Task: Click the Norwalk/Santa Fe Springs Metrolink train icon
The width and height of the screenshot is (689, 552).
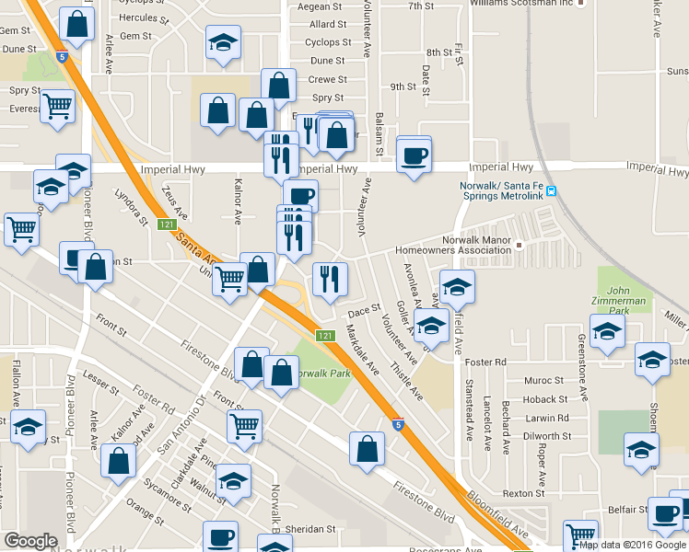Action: tap(552, 191)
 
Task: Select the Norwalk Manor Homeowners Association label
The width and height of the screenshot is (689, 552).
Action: tap(451, 245)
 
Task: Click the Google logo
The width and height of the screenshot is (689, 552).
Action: tap(30, 540)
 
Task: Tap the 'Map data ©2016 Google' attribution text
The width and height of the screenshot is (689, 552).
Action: tap(632, 545)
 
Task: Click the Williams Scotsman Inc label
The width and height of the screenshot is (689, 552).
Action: tap(520, 4)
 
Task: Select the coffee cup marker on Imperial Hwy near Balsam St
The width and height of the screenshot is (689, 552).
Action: tap(414, 153)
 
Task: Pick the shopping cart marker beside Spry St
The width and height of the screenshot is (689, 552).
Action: tap(57, 107)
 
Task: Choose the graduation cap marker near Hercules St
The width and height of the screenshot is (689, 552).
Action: tap(222, 44)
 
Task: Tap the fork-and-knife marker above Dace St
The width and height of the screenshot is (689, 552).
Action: tap(329, 278)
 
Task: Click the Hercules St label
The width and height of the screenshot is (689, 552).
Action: tap(145, 18)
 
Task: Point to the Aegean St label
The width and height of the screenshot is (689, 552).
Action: tap(327, 7)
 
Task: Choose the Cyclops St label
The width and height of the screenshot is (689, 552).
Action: tap(327, 42)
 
